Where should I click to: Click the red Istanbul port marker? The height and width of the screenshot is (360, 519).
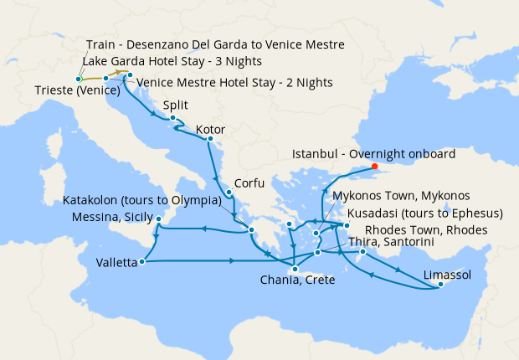(374, 165)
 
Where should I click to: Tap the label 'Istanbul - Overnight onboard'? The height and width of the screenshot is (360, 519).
(373, 154)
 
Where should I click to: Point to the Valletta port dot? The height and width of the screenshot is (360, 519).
(141, 261)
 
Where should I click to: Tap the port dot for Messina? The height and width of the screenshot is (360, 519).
(158, 219)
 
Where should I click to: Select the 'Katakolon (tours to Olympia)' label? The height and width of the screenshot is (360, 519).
(141, 201)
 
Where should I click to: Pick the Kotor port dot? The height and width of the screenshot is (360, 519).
(210, 139)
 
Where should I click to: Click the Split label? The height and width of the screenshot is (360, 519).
(177, 105)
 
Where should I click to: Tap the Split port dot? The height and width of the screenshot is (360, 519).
(172, 118)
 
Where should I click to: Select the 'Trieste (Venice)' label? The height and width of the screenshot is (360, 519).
(76, 90)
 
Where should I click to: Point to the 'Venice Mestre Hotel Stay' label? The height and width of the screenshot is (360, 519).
(234, 82)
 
